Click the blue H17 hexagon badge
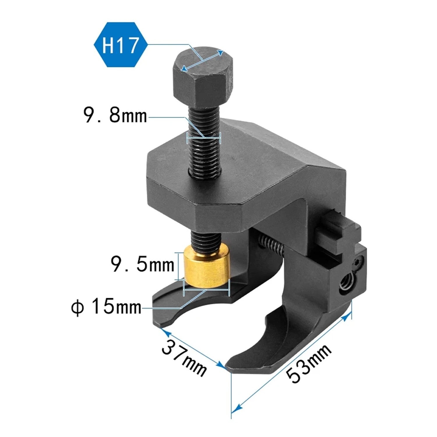point(120,45)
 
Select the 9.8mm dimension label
point(115,115)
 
